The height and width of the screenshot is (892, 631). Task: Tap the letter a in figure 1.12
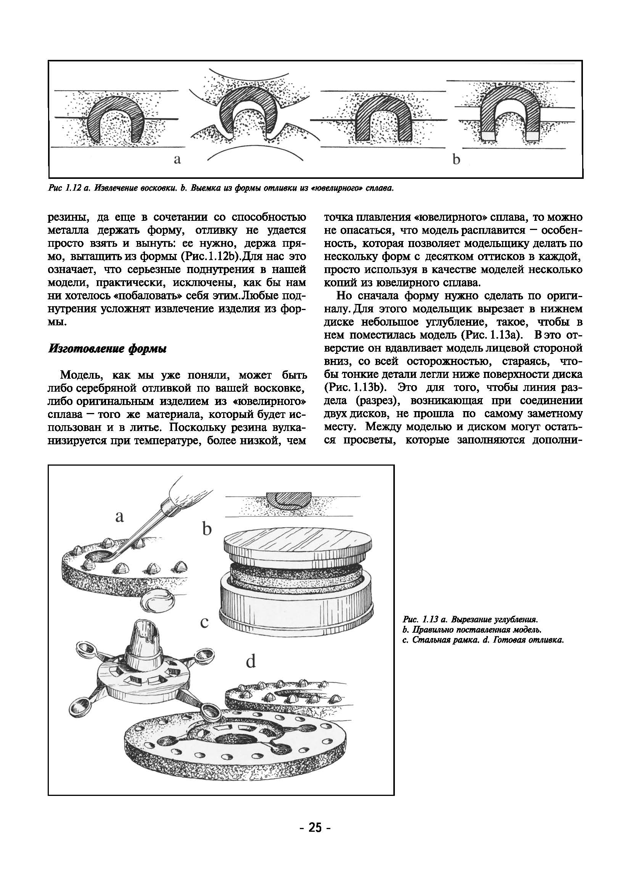coord(177,159)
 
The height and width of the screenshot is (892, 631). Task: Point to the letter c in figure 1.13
coord(204,622)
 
